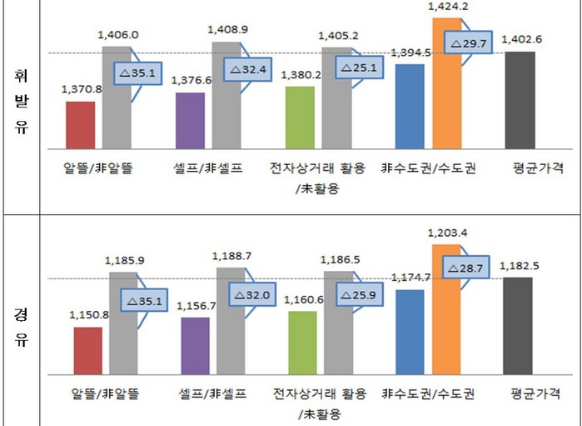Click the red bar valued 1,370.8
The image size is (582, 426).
80,125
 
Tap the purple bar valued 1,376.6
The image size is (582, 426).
190,121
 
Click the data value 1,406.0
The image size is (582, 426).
117,35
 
